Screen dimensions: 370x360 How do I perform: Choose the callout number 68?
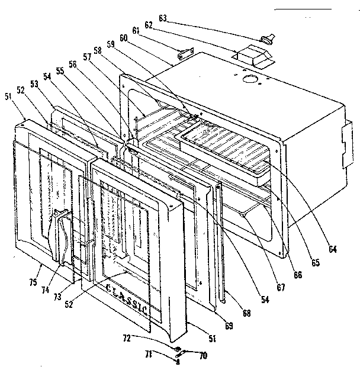pos(243,311)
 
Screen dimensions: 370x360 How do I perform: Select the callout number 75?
pos(38,268)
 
